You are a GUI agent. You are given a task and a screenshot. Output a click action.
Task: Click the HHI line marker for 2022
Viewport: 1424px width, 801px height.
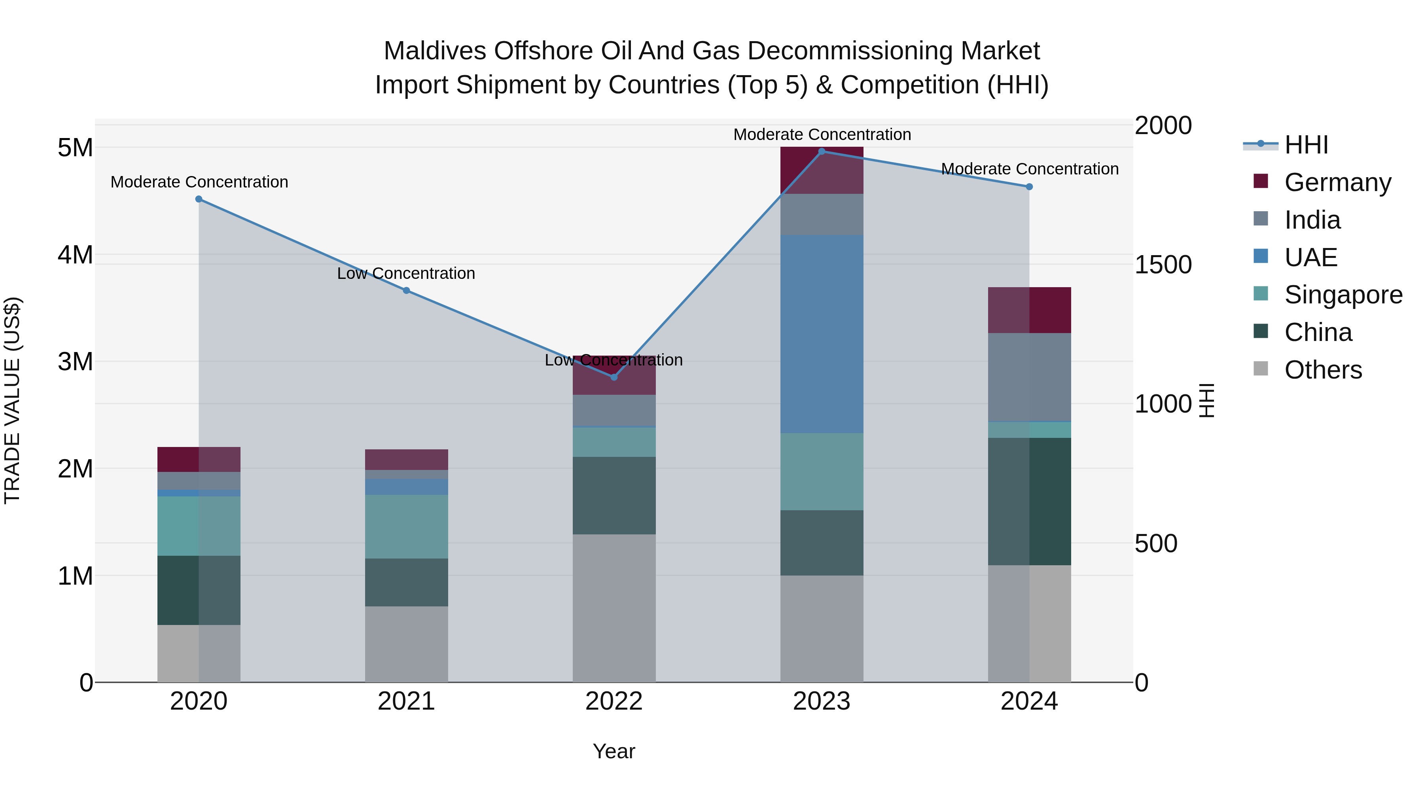[614, 377]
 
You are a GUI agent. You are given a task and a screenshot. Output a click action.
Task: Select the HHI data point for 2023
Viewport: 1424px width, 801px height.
[822, 151]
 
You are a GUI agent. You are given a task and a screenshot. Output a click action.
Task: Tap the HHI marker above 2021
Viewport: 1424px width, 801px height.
[406, 290]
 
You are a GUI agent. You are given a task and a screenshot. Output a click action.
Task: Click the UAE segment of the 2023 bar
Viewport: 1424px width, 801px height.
[822, 334]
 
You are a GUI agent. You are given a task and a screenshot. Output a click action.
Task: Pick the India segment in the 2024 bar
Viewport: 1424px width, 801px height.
[1029, 377]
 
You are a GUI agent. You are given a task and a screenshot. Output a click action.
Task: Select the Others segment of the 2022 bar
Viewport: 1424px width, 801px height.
[614, 608]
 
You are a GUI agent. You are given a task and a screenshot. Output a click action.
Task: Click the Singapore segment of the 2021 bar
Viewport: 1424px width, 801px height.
[406, 526]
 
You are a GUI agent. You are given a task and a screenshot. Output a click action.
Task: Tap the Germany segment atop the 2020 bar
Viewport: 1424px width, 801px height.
[199, 459]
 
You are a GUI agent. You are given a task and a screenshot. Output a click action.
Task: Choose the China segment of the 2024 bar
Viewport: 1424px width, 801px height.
[1029, 502]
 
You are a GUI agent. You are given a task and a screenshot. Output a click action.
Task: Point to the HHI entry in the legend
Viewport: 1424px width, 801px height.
[1305, 145]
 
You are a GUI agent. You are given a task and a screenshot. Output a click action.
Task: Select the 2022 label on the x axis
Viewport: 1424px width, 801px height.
[614, 701]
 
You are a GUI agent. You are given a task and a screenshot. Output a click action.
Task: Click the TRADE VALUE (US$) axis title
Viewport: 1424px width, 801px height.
[13, 400]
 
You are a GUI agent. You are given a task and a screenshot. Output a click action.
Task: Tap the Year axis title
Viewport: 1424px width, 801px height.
[614, 751]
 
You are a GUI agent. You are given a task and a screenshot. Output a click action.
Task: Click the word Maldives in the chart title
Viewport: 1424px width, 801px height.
[434, 51]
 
